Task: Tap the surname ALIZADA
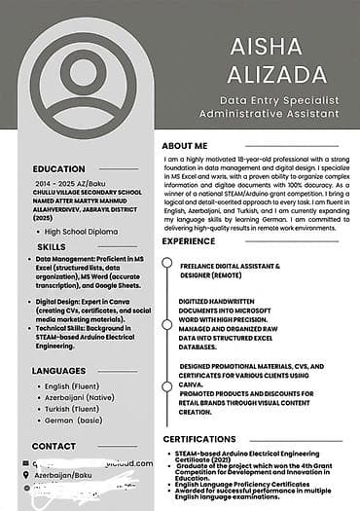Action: click(270, 76)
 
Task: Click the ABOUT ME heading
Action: click(185, 145)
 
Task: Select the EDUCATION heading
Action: click(58, 168)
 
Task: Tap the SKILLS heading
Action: click(52, 247)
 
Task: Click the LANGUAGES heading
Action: click(58, 371)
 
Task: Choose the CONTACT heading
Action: click(54, 446)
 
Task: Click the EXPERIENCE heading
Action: click(189, 240)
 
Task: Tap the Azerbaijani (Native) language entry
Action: click(80, 398)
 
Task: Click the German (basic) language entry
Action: click(73, 421)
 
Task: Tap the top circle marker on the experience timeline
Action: click(166, 263)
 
